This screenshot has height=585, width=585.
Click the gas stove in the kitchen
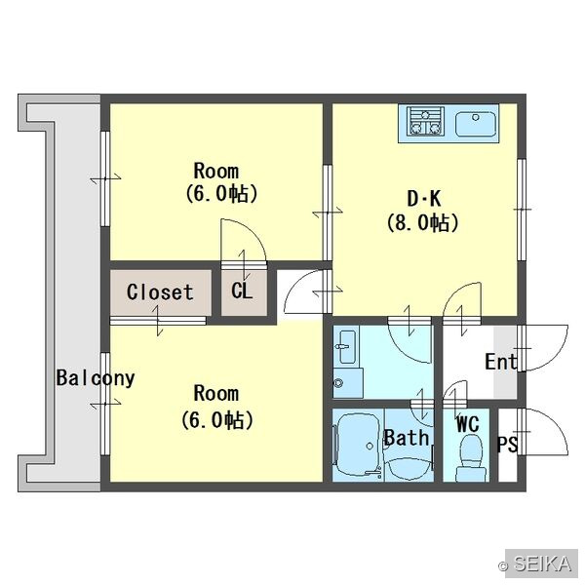(426, 121)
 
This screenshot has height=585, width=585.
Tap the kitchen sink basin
(476, 124)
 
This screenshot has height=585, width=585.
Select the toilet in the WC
(472, 457)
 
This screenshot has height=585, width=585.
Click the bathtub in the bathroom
(359, 446)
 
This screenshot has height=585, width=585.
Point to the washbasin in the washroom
(348, 347)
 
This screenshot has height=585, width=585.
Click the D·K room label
(424, 199)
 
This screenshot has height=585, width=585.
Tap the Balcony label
(96, 378)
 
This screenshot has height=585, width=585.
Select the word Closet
(160, 292)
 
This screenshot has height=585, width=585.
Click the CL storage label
(242, 291)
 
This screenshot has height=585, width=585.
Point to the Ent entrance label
(501, 362)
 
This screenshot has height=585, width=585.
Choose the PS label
(508, 444)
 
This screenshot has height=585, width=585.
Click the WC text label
(468, 424)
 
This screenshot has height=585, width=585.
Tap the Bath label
(407, 438)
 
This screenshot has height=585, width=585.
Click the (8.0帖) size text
(422, 223)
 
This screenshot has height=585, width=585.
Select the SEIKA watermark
(539, 564)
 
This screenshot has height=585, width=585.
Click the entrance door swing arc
(555, 358)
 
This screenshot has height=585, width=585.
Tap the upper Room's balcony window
(105, 178)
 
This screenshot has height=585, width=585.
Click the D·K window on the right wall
(522, 210)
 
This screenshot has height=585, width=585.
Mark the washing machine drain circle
(338, 383)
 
